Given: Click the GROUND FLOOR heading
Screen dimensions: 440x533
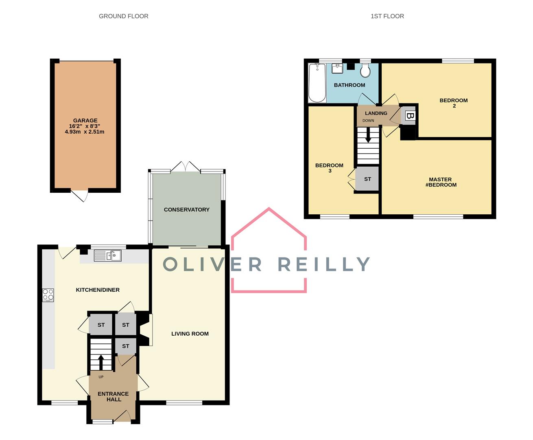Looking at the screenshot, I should tap(124, 16).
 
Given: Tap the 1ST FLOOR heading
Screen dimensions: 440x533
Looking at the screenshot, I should tap(387, 16).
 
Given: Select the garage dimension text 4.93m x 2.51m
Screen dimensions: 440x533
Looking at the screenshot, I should tap(85, 132).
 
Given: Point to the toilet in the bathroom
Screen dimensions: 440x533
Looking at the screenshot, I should tap(365, 71).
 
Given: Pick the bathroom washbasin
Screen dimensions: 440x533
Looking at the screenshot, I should tap(337, 68).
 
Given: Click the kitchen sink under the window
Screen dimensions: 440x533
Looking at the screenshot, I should tap(108, 256).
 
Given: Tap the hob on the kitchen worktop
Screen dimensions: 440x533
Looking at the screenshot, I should tap(48, 295).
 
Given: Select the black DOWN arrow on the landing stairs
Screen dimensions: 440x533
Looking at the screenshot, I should tap(368, 136).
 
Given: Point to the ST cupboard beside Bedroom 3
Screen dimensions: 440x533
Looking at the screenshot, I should tap(367, 179).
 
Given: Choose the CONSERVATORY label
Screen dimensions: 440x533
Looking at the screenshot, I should tap(186, 210).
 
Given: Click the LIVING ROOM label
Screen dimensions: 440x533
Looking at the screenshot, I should tap(190, 334).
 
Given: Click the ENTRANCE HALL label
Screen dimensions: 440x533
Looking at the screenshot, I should tap(113, 397).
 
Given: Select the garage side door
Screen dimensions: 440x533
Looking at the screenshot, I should tap(80, 196).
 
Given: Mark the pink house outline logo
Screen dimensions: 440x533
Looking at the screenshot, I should tap(269, 251).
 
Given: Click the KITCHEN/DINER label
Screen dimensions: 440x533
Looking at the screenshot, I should tap(98, 290).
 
